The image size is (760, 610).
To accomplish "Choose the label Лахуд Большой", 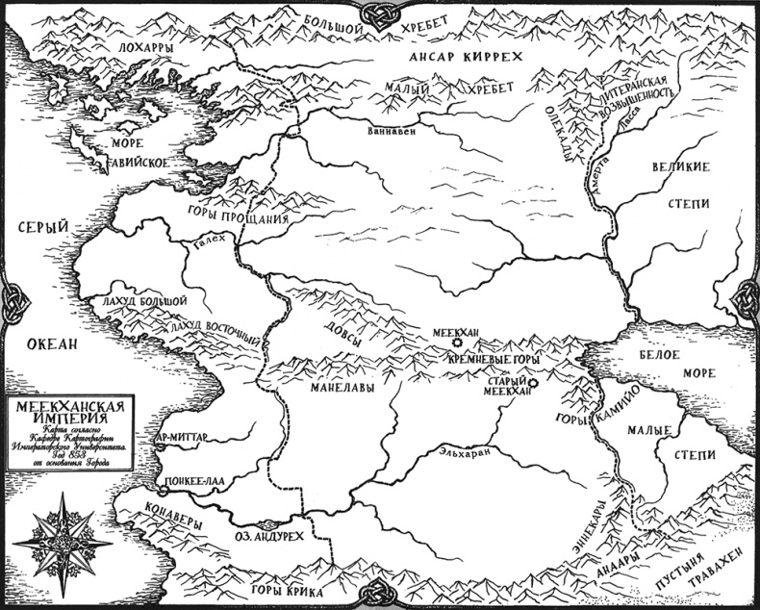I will coord(141,301).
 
